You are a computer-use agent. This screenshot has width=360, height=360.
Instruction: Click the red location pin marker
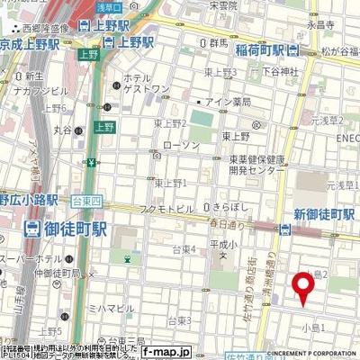pyautogui.click(x=302, y=286)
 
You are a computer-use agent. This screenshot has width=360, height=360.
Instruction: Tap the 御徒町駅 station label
pyautogui.click(x=67, y=229)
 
